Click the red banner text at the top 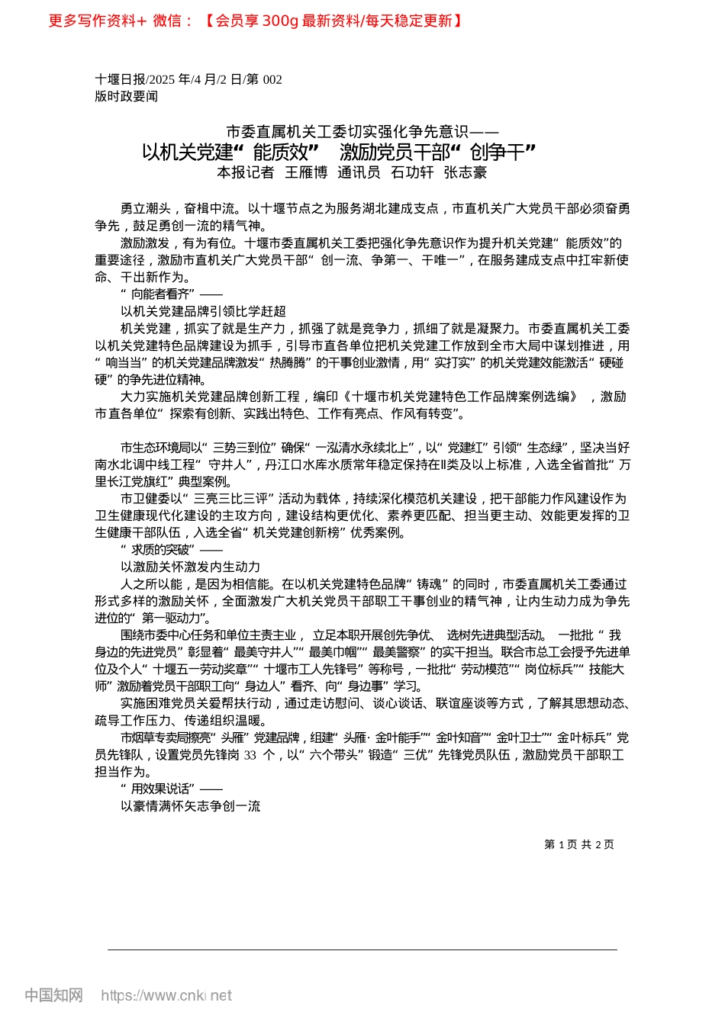pyautogui.click(x=255, y=21)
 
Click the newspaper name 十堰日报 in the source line pyautogui.click(x=120, y=79)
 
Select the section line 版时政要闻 pyautogui.click(x=126, y=96)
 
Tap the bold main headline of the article pyautogui.click(x=339, y=152)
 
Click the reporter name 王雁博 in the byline pyautogui.click(x=306, y=172)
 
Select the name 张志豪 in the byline pyautogui.click(x=466, y=172)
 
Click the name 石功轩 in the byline pyautogui.click(x=412, y=172)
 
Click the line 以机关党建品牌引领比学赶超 pyautogui.click(x=203, y=311)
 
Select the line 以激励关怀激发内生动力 pyautogui.click(x=191, y=567)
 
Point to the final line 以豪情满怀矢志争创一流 pyautogui.click(x=191, y=806)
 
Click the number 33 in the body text pyautogui.click(x=250, y=755)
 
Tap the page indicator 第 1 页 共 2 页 pyautogui.click(x=579, y=844)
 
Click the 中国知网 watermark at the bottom pyautogui.click(x=53, y=995)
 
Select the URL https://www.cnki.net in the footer pyautogui.click(x=166, y=995)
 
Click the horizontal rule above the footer pyautogui.click(x=362, y=949)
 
